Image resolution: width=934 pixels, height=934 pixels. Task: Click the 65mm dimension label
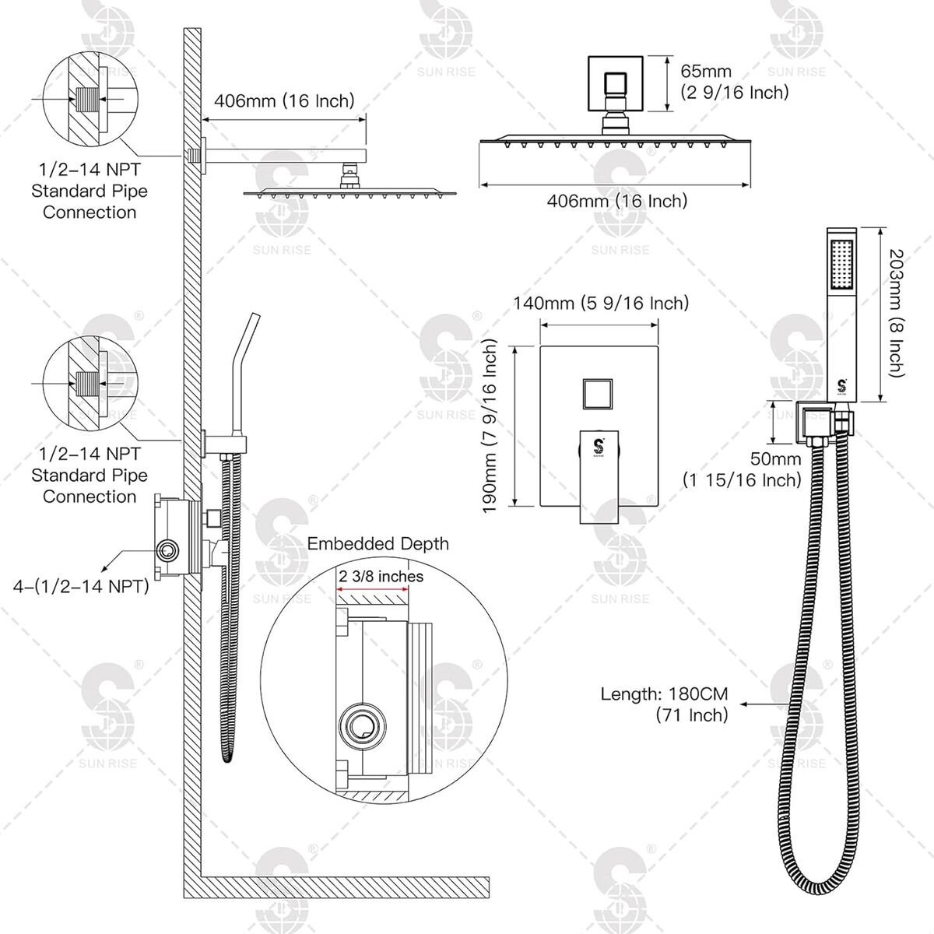(706, 72)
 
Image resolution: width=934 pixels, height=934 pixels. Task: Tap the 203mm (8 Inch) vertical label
(897, 313)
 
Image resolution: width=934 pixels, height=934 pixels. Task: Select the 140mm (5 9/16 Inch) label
(601, 304)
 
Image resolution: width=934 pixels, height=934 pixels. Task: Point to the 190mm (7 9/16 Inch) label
(490, 426)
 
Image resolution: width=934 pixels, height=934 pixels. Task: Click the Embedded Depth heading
(378, 544)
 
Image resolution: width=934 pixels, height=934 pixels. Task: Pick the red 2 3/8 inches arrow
(373, 590)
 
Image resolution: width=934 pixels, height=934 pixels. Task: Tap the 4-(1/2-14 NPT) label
(81, 587)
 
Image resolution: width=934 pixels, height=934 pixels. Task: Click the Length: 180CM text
(664, 694)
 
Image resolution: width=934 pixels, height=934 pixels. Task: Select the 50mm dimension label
(775, 458)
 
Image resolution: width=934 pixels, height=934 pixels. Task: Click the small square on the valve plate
(598, 394)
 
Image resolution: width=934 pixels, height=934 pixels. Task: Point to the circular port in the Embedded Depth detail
(362, 726)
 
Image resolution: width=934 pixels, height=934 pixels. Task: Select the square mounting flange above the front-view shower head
(616, 83)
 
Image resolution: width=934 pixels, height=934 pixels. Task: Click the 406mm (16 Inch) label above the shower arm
(284, 101)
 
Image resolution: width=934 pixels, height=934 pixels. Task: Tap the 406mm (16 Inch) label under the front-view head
(617, 201)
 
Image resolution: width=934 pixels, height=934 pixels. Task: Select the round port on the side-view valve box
(167, 551)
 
